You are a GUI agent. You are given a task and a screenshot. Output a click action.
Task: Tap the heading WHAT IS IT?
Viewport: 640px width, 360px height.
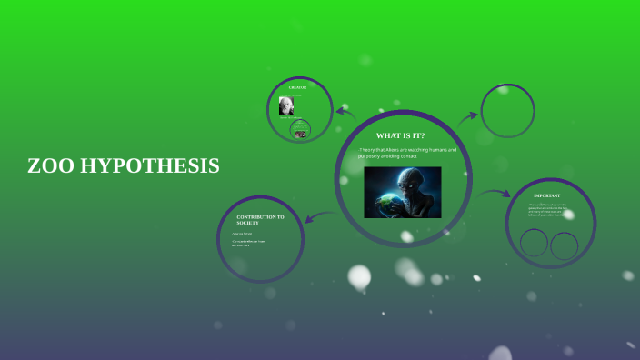400,135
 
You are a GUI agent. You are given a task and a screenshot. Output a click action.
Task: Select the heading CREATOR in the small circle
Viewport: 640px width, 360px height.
298,87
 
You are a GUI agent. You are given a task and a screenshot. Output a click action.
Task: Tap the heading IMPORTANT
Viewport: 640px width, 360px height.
546,195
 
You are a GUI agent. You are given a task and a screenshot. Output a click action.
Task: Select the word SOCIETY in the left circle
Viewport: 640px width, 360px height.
249,223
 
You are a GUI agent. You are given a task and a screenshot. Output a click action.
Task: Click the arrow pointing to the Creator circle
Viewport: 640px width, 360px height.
345,113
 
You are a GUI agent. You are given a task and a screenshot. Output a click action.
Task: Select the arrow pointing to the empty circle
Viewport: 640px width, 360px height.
467,117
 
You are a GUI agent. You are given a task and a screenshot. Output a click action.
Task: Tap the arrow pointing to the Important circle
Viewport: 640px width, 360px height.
495,193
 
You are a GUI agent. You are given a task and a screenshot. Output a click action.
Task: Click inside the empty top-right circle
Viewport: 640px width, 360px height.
506,113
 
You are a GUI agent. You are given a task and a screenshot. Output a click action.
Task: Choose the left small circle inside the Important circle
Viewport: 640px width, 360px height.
535,243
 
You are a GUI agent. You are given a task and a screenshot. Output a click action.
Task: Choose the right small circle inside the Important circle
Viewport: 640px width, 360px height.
565,245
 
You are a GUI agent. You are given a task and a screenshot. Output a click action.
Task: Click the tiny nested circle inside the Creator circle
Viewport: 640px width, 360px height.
300,131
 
